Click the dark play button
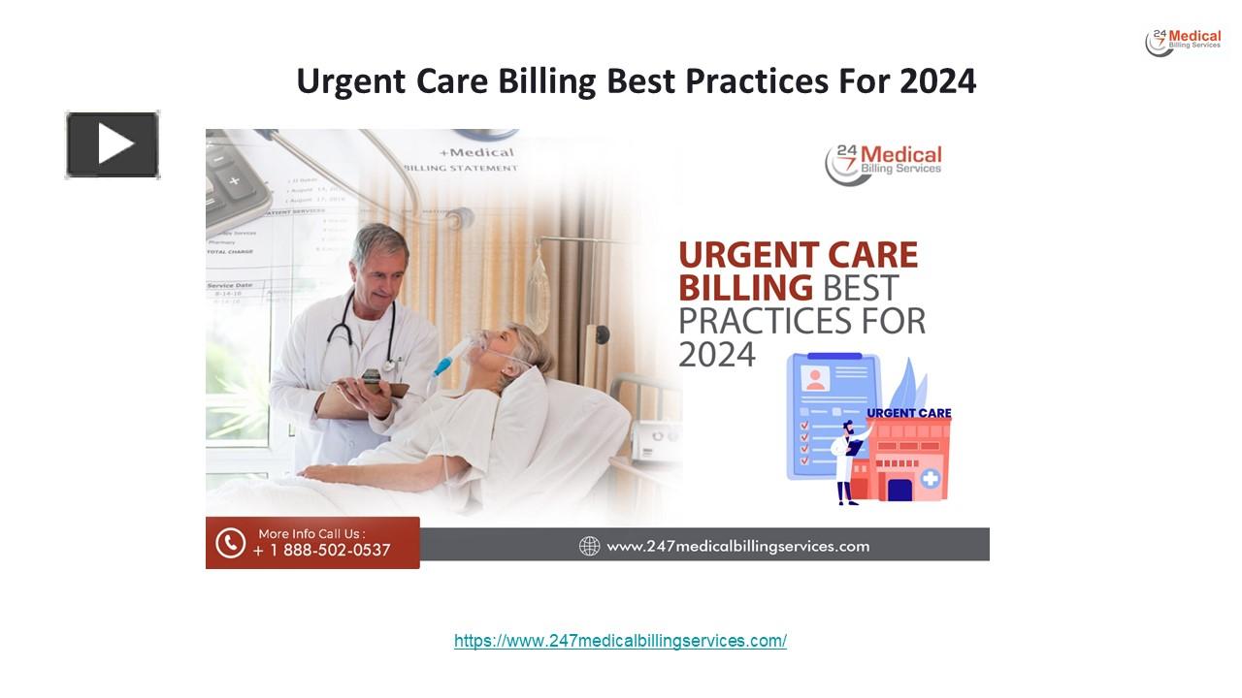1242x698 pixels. pyautogui.click(x=113, y=144)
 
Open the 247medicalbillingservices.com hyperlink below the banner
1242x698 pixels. pyautogui.click(x=620, y=641)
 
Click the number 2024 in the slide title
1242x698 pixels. pyautogui.click(x=937, y=81)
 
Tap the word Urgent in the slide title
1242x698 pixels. pyautogui.click(x=350, y=82)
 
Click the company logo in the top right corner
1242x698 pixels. pyautogui.click(x=1183, y=42)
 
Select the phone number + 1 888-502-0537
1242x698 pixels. pyautogui.click(x=321, y=551)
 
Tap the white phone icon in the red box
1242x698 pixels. pyautogui.click(x=230, y=543)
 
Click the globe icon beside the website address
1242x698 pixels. pyautogui.click(x=589, y=546)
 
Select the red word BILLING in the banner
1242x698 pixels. pyautogui.click(x=745, y=288)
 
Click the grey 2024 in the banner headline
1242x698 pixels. pyautogui.click(x=716, y=355)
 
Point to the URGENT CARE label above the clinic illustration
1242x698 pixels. pyautogui.click(x=908, y=413)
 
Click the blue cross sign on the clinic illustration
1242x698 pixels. pyautogui.click(x=930, y=478)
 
